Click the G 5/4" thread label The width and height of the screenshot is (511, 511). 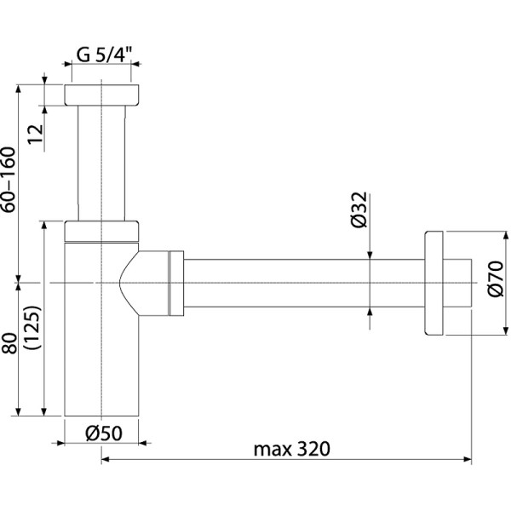tap(101, 55)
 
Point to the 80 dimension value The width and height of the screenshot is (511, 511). tap(10, 344)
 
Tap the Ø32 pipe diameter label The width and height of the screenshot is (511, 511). tap(359, 210)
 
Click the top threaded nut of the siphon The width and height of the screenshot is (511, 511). tap(101, 95)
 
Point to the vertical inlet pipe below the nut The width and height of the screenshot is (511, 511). tap(101, 162)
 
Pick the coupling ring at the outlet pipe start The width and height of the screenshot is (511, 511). tap(177, 282)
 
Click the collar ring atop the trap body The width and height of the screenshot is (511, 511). tap(101, 230)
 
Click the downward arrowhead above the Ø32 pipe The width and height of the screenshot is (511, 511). tap(370, 252)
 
